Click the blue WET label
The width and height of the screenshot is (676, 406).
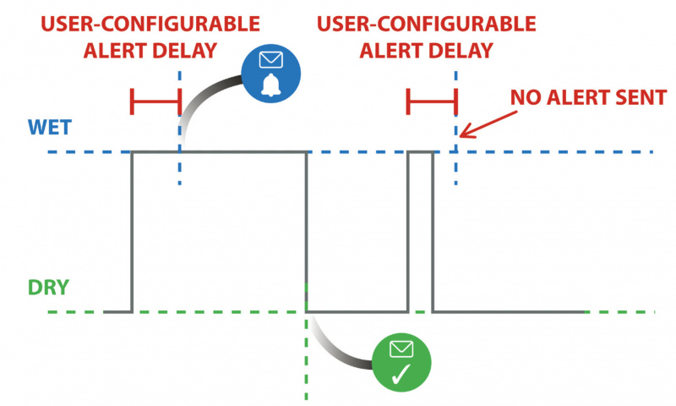coord(50,128)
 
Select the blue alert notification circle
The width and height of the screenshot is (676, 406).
coord(270,72)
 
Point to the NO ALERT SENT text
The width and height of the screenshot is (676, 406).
coord(587,97)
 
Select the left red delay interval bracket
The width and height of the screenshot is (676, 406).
coord(155,102)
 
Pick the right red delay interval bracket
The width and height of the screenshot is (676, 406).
coord(431,102)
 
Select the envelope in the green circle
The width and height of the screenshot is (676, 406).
coord(401,348)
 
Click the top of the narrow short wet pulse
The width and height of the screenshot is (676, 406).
coord(420,152)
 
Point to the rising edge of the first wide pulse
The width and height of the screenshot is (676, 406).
coord(132,233)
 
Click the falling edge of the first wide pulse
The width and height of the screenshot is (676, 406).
coord(306,233)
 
